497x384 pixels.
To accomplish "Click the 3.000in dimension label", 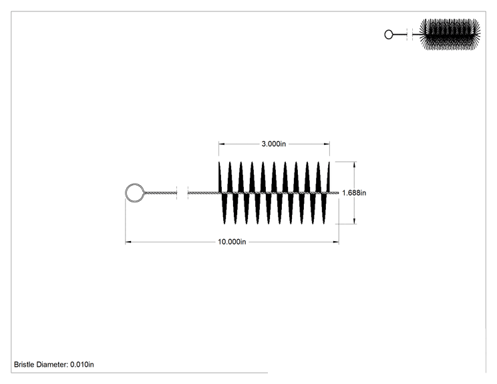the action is pyautogui.click(x=273, y=144).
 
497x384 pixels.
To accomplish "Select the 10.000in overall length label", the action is pyautogui.click(x=232, y=242).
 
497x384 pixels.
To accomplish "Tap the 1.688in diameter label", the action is pyautogui.click(x=354, y=192).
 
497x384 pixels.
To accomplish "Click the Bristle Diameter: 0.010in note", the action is pyautogui.click(x=54, y=365).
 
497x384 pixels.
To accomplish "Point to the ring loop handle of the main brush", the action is pyautogui.click(x=126, y=192).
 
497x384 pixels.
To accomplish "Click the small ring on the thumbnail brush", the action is pyautogui.click(x=385, y=34).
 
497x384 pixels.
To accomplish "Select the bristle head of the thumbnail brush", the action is pyautogui.click(x=450, y=34).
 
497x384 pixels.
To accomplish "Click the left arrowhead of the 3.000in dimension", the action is pyautogui.click(x=222, y=144).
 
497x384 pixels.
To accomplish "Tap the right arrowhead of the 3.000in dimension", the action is pyautogui.click(x=327, y=144).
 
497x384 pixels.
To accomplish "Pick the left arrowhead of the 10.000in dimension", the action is pyautogui.click(x=128, y=242).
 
